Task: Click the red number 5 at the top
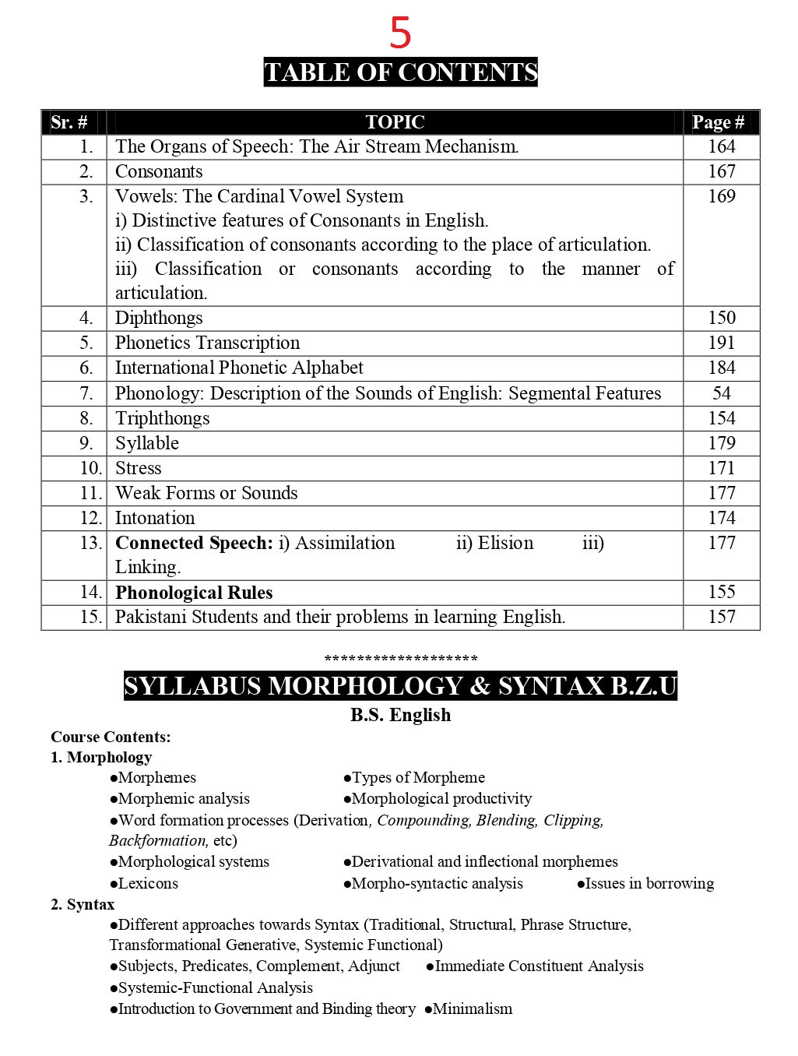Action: (x=400, y=33)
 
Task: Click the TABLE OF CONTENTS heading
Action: (x=400, y=72)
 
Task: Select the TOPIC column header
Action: (x=395, y=122)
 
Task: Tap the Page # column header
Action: (x=718, y=122)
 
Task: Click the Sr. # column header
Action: (x=69, y=122)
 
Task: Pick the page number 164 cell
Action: (x=721, y=146)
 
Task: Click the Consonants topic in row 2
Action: (x=159, y=171)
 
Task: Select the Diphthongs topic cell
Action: (x=159, y=318)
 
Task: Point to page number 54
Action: (x=721, y=393)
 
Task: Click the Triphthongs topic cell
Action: (x=162, y=418)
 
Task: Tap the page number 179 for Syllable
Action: (x=721, y=443)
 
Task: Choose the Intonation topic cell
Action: (x=155, y=518)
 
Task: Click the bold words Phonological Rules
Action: (x=194, y=593)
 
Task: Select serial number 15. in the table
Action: (x=91, y=617)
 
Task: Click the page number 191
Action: (x=721, y=343)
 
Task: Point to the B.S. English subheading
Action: (x=400, y=715)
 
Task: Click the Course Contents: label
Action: (x=111, y=737)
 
